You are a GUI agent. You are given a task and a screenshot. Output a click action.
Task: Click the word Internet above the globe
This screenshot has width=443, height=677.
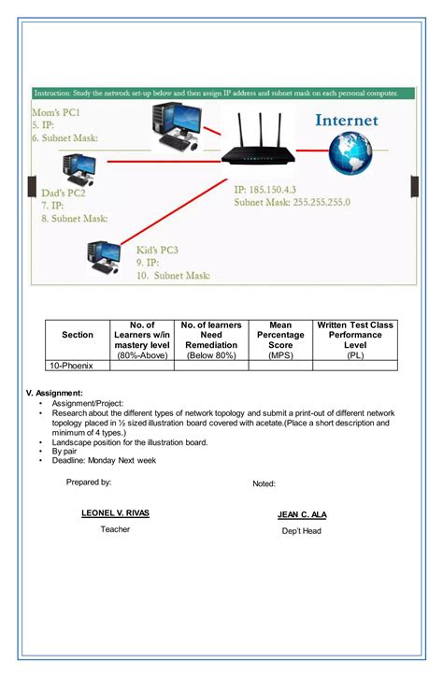pos(347,121)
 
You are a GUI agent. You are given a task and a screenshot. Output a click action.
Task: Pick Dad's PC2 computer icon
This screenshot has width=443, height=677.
pos(80,168)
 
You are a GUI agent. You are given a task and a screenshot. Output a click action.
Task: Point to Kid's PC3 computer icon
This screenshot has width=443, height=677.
pos(103,257)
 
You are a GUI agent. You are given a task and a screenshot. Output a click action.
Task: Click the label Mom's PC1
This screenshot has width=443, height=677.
pos(59,111)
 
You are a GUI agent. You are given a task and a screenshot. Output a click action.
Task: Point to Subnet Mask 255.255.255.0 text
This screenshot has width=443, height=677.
pos(293,202)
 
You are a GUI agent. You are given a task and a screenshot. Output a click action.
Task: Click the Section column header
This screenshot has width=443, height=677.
pos(78,335)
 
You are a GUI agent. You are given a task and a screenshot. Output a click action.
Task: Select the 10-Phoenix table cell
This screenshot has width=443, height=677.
pos(72,365)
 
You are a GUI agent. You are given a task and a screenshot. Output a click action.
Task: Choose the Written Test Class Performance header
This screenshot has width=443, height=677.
pos(355,335)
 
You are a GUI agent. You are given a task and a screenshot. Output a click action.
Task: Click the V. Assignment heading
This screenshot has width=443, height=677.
pos(55,394)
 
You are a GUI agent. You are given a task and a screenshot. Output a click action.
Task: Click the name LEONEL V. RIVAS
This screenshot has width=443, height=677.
pos(116,513)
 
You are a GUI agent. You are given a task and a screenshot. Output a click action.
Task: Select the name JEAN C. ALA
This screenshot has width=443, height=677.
pos(301,515)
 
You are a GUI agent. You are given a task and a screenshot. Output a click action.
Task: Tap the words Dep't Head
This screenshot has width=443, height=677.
pos(301,531)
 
